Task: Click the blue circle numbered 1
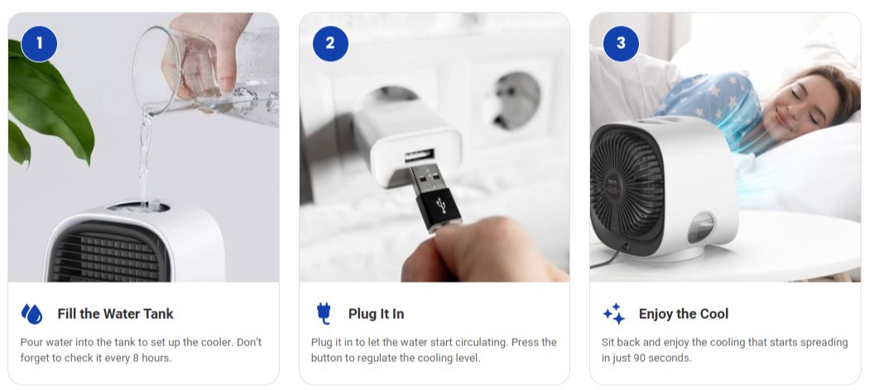[x=39, y=43]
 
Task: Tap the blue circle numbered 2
[x=330, y=43]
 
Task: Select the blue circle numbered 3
[x=621, y=43]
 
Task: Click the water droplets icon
[x=31, y=314]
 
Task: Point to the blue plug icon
[x=324, y=314]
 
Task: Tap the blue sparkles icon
[x=614, y=314]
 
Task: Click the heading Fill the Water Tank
[x=115, y=314]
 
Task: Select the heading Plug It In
[x=377, y=314]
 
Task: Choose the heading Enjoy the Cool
[x=684, y=314]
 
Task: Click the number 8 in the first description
[x=136, y=358]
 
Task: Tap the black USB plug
[x=435, y=196]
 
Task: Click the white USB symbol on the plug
[x=442, y=207]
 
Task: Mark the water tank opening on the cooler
[x=138, y=207]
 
